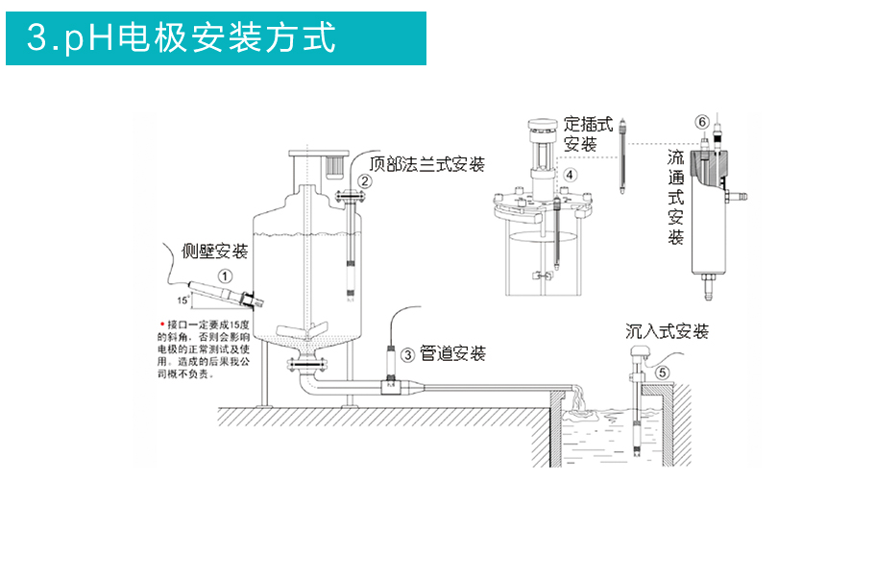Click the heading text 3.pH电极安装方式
click(x=182, y=38)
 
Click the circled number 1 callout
click(x=224, y=276)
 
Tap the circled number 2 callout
click(x=365, y=180)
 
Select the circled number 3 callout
click(x=407, y=355)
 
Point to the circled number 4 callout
click(x=570, y=175)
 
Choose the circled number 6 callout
click(x=702, y=122)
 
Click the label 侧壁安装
click(x=215, y=252)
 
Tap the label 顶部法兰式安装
click(x=426, y=164)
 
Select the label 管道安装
click(x=452, y=354)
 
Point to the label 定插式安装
click(x=587, y=134)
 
